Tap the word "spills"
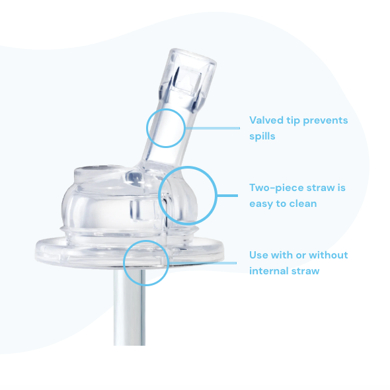(262, 136)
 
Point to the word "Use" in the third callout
(259, 255)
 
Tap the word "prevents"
(323, 120)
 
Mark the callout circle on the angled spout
(165, 128)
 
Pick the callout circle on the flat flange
(145, 262)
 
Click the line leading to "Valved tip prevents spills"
(212, 128)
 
